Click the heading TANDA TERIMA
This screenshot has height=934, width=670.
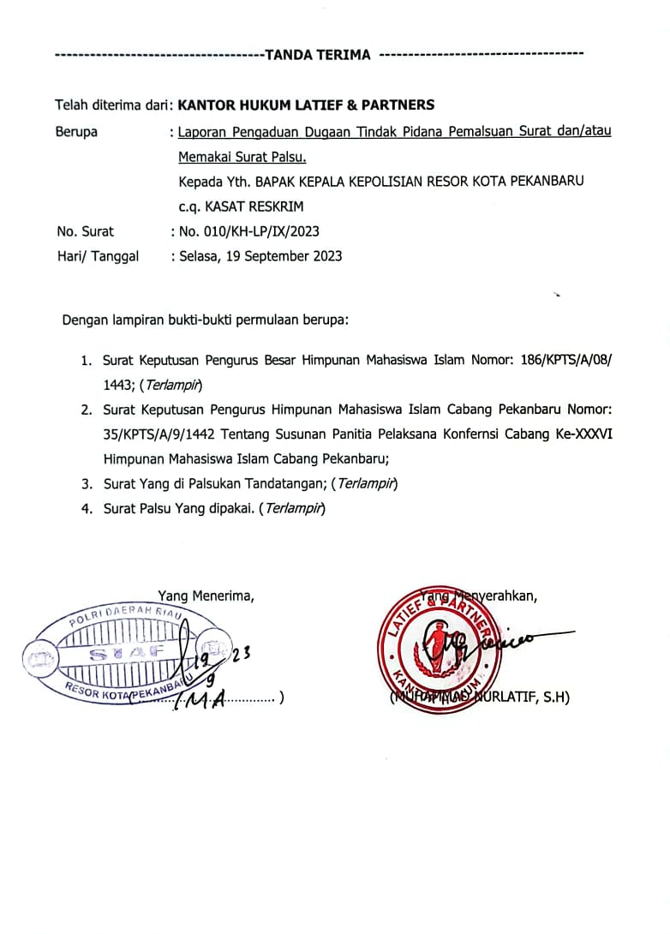click(318, 55)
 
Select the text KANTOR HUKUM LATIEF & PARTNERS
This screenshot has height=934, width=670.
click(305, 105)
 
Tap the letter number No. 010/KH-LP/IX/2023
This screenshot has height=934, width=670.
click(249, 231)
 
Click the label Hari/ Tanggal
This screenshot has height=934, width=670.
click(97, 256)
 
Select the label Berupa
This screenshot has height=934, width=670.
click(76, 132)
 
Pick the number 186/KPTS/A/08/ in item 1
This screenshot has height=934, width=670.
click(566, 361)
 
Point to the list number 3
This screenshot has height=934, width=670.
click(87, 484)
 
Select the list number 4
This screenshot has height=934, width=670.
click(87, 509)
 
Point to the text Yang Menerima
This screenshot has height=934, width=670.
click(205, 596)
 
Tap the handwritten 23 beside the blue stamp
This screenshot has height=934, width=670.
click(240, 655)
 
